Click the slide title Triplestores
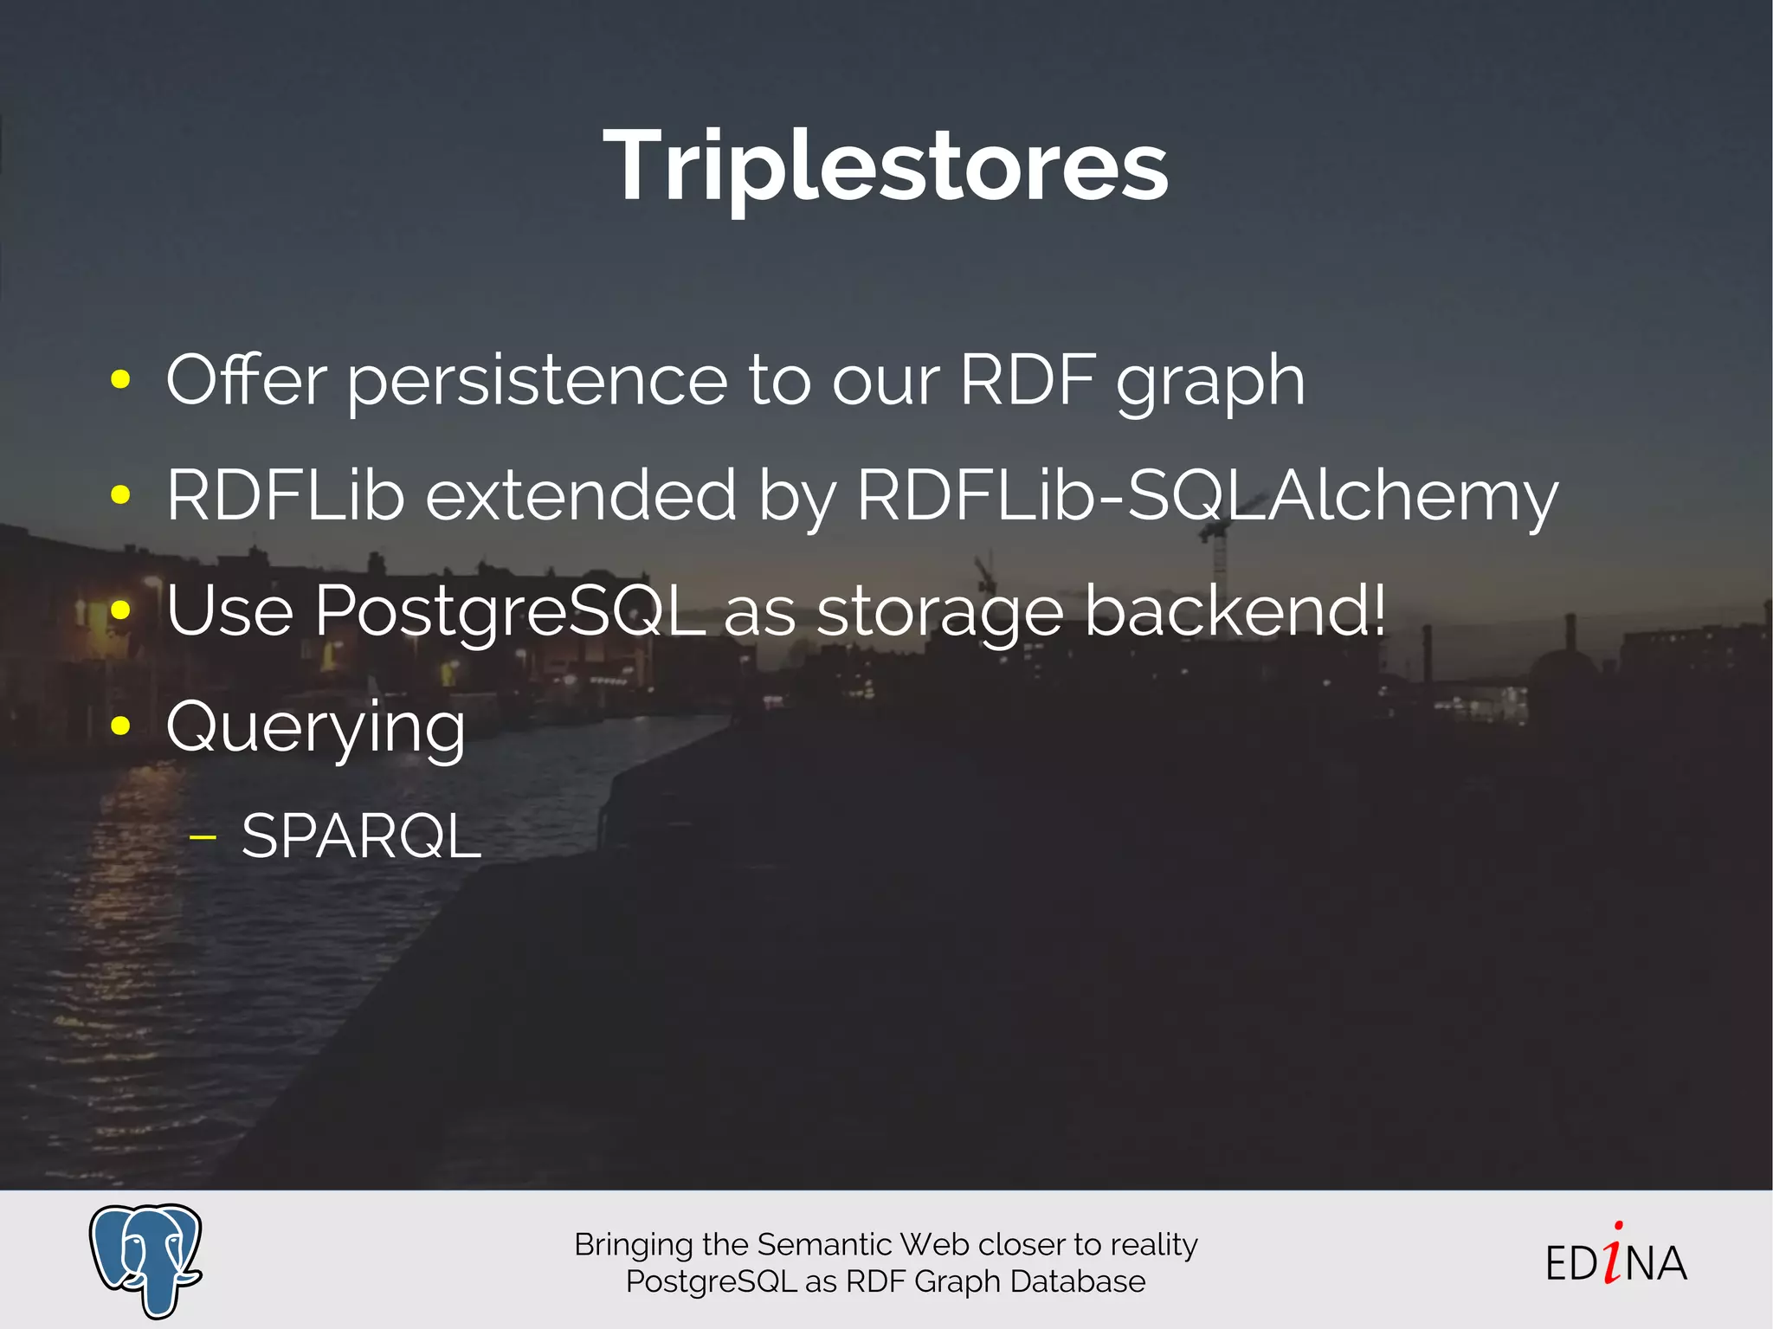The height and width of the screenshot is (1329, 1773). click(886, 165)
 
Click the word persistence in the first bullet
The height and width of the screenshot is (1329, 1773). click(537, 381)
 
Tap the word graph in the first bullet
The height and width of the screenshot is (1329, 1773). click(1210, 381)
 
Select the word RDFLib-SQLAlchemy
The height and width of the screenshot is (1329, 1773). click(1207, 495)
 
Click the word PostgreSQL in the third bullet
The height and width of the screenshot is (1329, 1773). click(510, 611)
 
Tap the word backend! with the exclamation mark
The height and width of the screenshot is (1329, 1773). click(1235, 610)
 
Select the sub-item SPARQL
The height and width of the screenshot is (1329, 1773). click(361, 837)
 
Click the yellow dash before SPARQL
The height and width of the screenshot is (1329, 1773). click(203, 837)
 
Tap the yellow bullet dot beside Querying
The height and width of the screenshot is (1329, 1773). click(120, 726)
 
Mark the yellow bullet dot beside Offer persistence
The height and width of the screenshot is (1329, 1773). click(120, 378)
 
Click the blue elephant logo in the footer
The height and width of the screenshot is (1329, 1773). click(145, 1259)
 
